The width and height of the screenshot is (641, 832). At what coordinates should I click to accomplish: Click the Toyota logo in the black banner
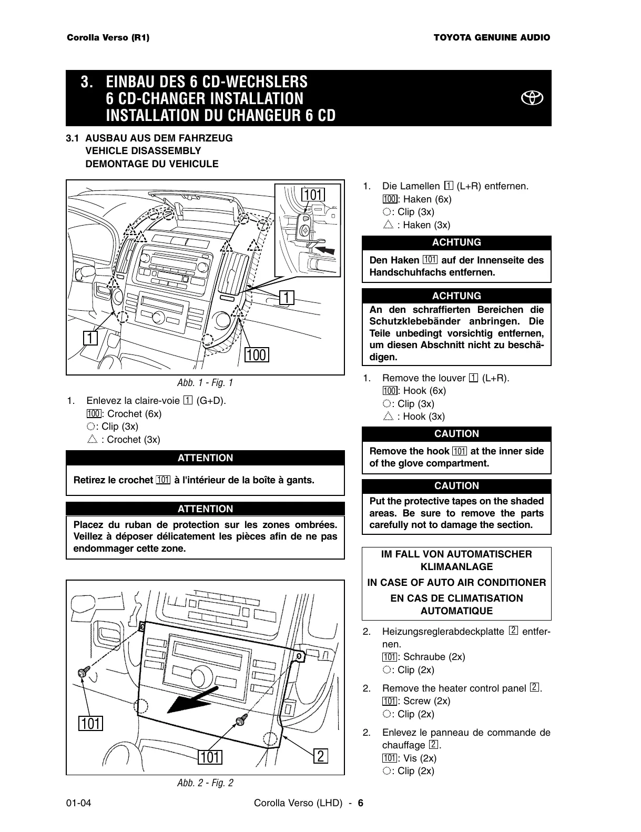pos(532,98)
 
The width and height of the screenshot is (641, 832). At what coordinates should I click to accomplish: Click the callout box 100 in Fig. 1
pos(257,355)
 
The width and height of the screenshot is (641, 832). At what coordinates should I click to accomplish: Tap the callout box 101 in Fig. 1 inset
pos(313,195)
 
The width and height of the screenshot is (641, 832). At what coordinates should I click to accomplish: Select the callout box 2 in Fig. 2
pos(321,756)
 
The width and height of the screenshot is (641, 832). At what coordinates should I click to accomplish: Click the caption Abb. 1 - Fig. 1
pos(205,383)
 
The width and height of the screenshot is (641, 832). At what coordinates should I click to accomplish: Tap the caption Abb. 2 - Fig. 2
pos(205,783)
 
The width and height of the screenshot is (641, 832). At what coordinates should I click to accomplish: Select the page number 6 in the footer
pos(361,803)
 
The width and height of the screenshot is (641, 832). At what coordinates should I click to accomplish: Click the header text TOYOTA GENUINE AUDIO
pos(492,38)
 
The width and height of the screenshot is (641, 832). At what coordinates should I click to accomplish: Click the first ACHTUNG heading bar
pos(456,242)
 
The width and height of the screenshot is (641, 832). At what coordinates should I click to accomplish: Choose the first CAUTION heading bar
pos(456,434)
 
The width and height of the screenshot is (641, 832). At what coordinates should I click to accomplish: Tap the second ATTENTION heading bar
pos(205,509)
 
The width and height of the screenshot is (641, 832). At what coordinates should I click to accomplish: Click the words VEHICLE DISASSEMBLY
pos(143,151)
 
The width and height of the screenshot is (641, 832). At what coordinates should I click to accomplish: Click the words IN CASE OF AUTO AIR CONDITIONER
pos(456,582)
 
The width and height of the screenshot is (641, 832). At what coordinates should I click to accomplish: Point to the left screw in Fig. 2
pos(83,674)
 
